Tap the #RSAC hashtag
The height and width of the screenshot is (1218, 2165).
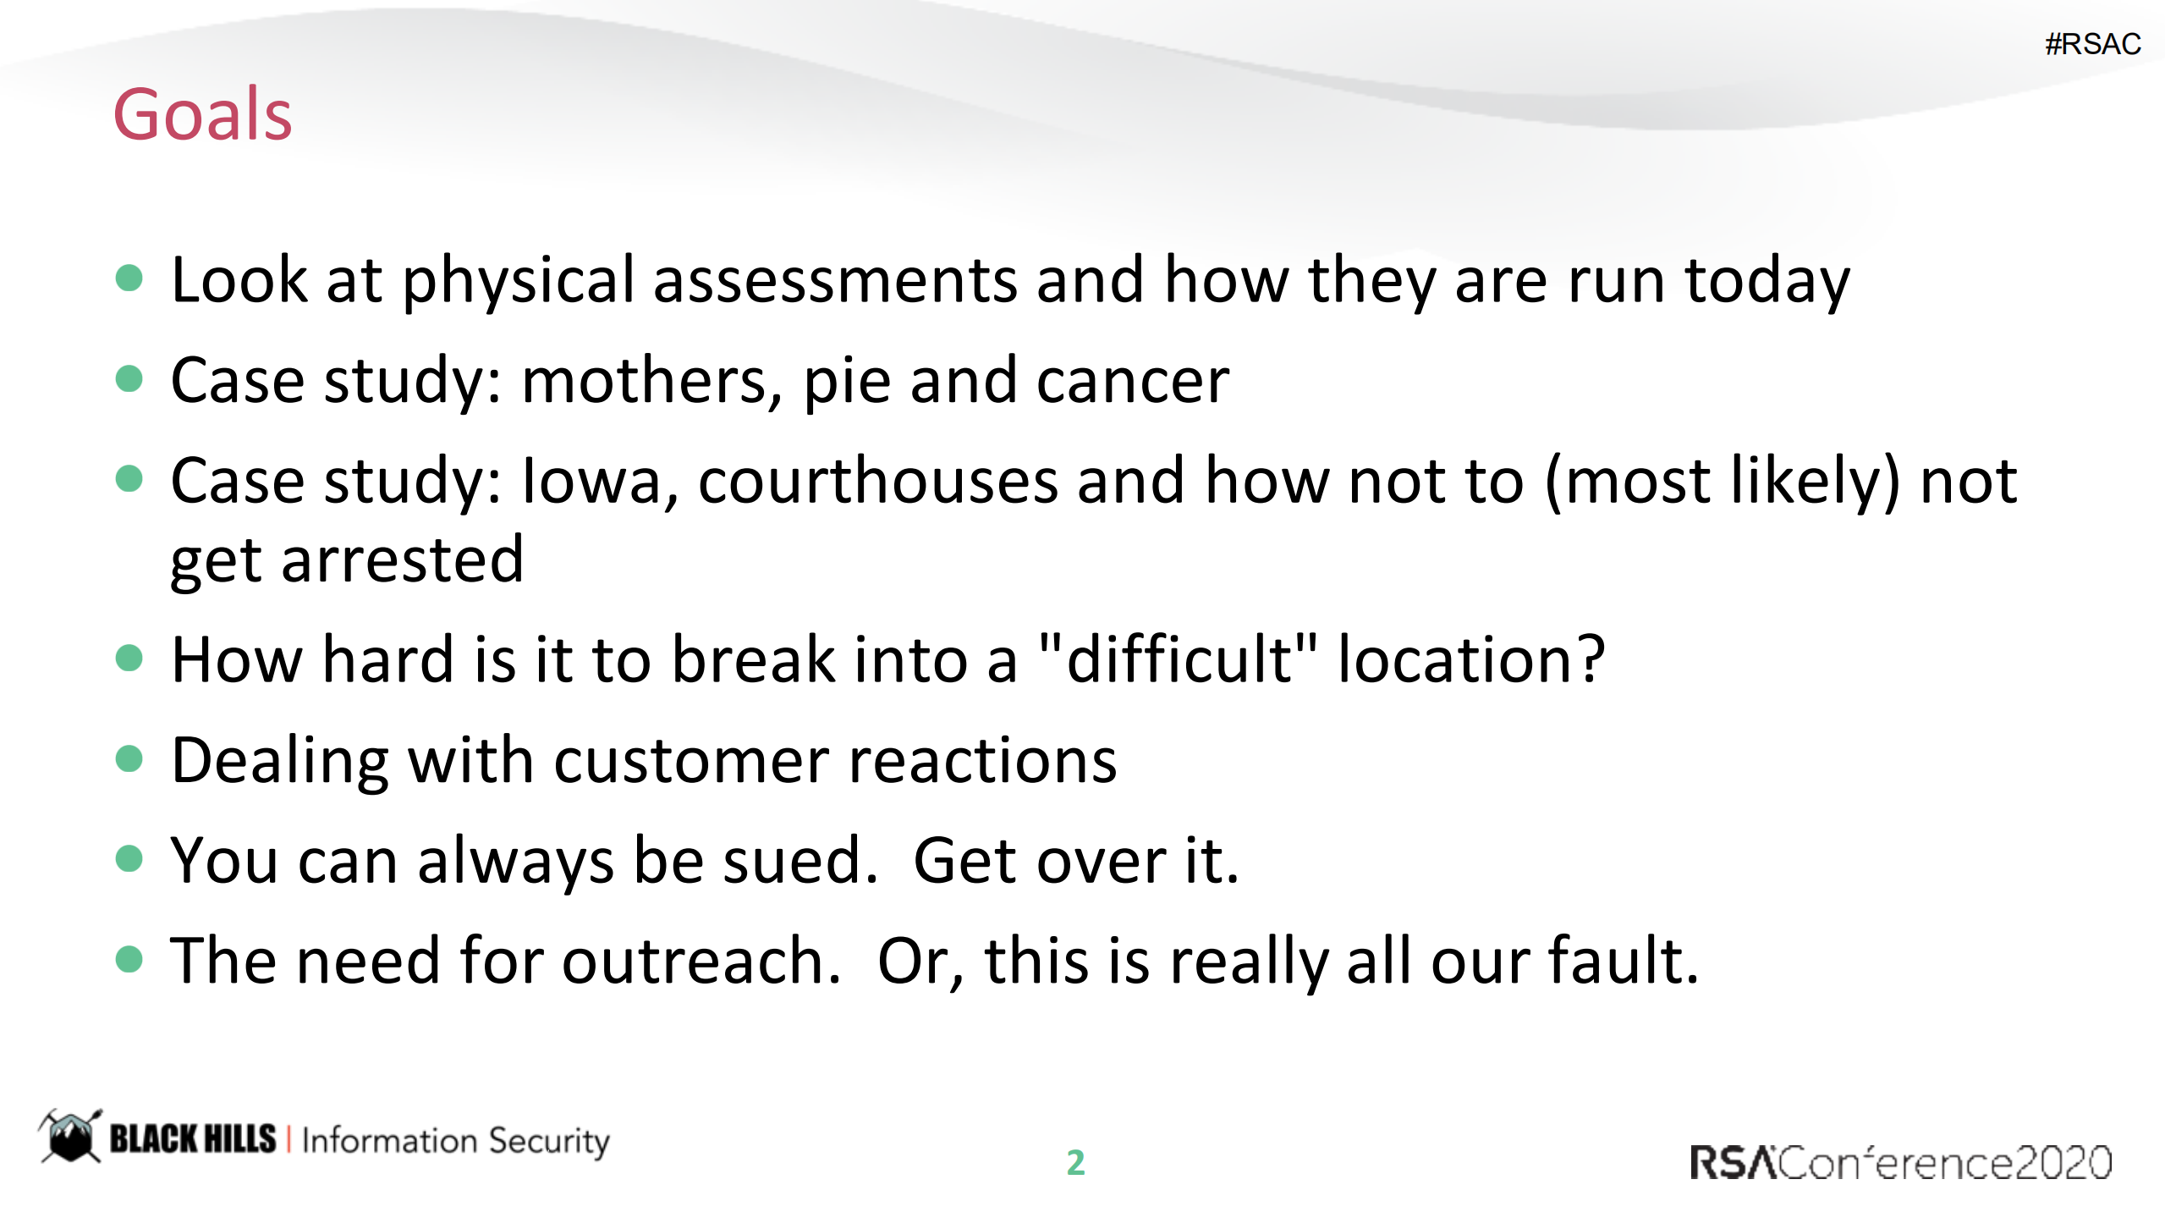point(2092,43)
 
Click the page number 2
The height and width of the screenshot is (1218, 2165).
point(1075,1162)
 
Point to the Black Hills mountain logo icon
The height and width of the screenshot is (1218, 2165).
point(69,1136)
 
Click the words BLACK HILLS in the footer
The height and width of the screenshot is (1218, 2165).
point(193,1138)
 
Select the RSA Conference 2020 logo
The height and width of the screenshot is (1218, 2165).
point(1900,1162)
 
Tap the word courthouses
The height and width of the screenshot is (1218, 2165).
point(878,481)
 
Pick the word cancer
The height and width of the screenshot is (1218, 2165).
point(1133,381)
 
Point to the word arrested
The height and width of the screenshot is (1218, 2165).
point(403,559)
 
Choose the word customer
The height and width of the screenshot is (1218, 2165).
point(691,760)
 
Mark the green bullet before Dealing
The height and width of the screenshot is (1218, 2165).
point(129,758)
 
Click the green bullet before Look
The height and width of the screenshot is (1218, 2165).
point(129,278)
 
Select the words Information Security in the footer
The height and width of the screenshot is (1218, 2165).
point(455,1141)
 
